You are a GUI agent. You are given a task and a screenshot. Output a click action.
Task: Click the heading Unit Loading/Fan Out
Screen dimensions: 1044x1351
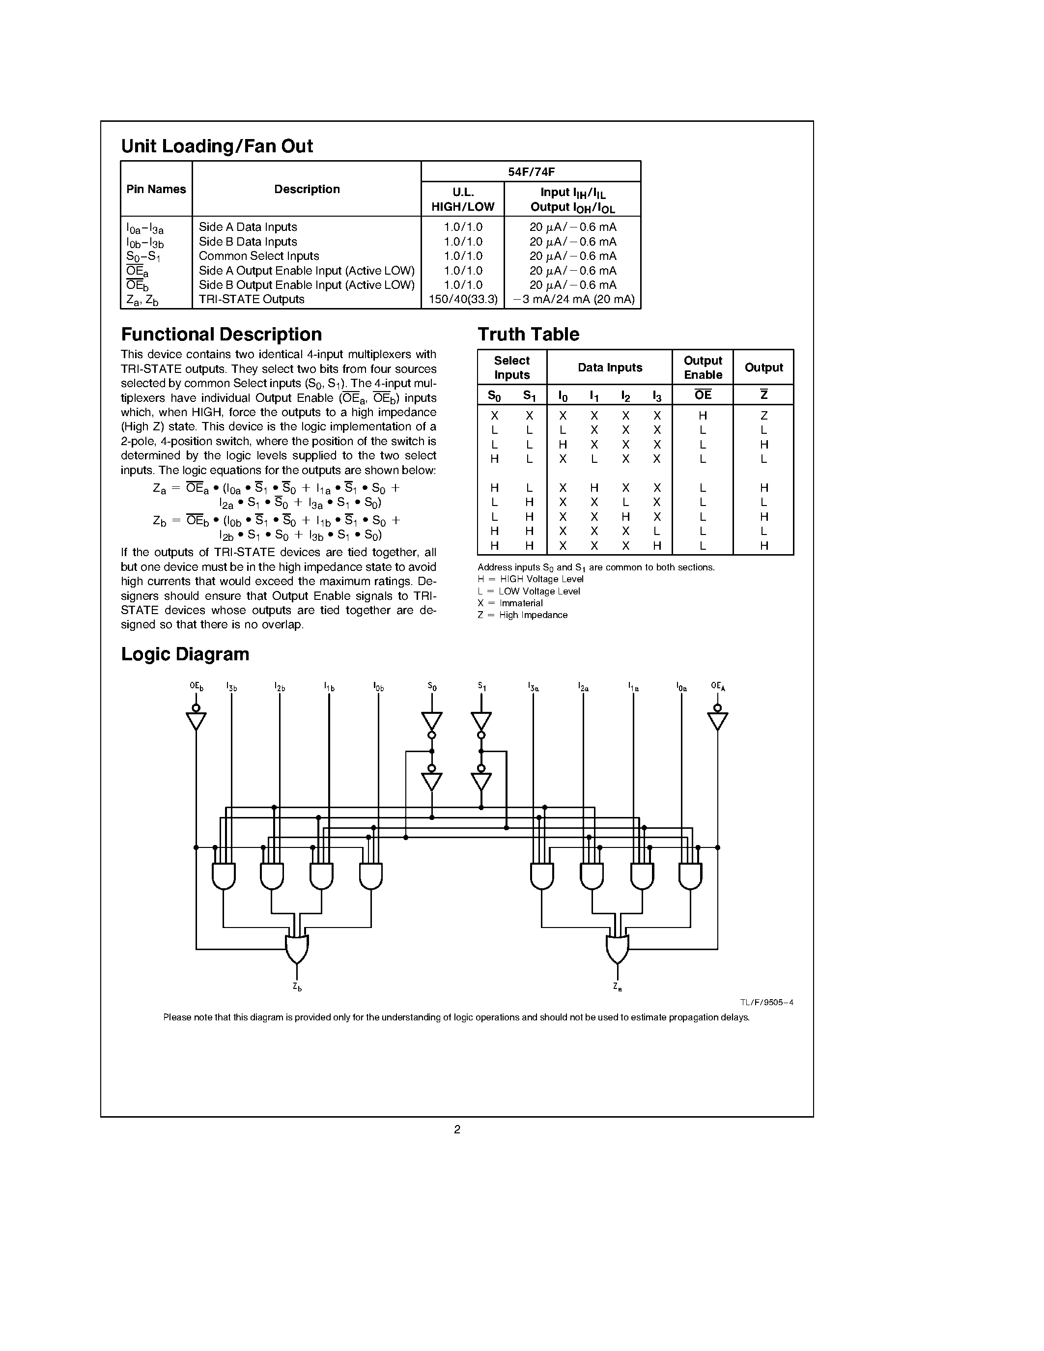[x=217, y=146]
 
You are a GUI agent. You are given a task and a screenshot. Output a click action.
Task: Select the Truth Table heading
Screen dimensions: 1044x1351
[x=528, y=334]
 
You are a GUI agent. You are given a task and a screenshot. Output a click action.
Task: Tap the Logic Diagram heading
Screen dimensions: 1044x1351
[x=185, y=654]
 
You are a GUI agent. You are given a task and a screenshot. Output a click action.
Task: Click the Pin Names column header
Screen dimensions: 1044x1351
[x=156, y=189]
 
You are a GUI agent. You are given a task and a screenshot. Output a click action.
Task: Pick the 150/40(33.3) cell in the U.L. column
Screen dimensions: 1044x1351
[x=463, y=299]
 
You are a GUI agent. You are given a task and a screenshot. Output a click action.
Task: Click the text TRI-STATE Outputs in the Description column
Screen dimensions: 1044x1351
[x=252, y=299]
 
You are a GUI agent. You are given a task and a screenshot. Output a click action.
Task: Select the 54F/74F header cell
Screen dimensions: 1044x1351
[x=531, y=172]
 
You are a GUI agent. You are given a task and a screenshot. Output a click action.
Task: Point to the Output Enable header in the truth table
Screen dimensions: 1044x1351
[x=703, y=367]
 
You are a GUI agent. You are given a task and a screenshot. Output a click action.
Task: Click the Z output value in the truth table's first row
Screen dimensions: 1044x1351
[x=764, y=416]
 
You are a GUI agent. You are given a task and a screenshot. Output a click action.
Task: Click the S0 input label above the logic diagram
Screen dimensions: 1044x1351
[x=432, y=686]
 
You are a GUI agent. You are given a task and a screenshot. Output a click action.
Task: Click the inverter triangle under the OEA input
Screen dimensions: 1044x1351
[x=717, y=721]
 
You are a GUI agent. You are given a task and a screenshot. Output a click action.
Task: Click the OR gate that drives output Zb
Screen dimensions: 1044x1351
[x=297, y=948]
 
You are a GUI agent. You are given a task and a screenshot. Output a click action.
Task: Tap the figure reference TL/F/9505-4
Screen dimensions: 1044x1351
[x=766, y=1003]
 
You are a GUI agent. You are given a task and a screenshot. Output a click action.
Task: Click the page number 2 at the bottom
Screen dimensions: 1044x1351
[x=457, y=1129]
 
